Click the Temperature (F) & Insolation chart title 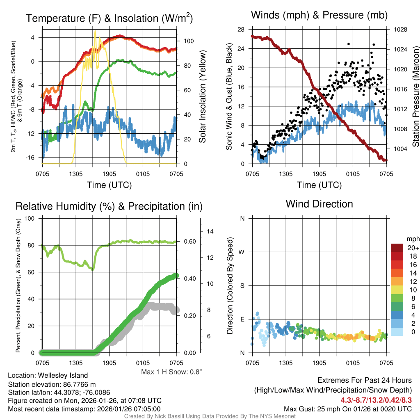tap(109, 18)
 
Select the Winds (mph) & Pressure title tap(319, 15)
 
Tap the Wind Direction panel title tap(319, 203)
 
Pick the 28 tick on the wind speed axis tap(241, 30)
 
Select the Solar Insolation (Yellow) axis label tap(202, 97)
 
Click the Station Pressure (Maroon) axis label tap(415, 97)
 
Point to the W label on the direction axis tap(242, 252)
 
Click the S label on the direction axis tap(242, 285)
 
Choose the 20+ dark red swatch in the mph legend tap(397, 248)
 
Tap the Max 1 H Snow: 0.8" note tap(171, 372)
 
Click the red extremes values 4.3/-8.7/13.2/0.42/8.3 tap(376, 399)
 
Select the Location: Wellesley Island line tap(48, 375)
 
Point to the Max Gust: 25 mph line tap(348, 409)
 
